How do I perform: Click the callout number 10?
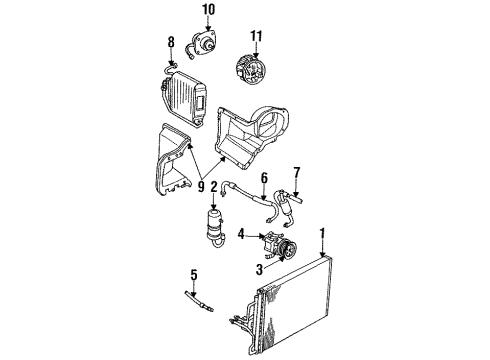(208, 9)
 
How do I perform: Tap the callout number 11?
(256, 36)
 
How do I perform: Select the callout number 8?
(171, 42)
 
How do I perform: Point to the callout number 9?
(201, 187)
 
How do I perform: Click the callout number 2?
(214, 188)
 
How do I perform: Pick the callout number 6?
(264, 178)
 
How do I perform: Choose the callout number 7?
(297, 173)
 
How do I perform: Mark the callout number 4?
(241, 234)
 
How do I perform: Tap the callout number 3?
(259, 269)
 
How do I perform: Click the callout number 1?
(322, 234)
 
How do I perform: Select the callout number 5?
(194, 275)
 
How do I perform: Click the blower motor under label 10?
(203, 45)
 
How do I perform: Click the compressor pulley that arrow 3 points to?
(287, 249)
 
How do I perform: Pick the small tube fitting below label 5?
(199, 301)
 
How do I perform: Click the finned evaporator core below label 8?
(184, 99)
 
